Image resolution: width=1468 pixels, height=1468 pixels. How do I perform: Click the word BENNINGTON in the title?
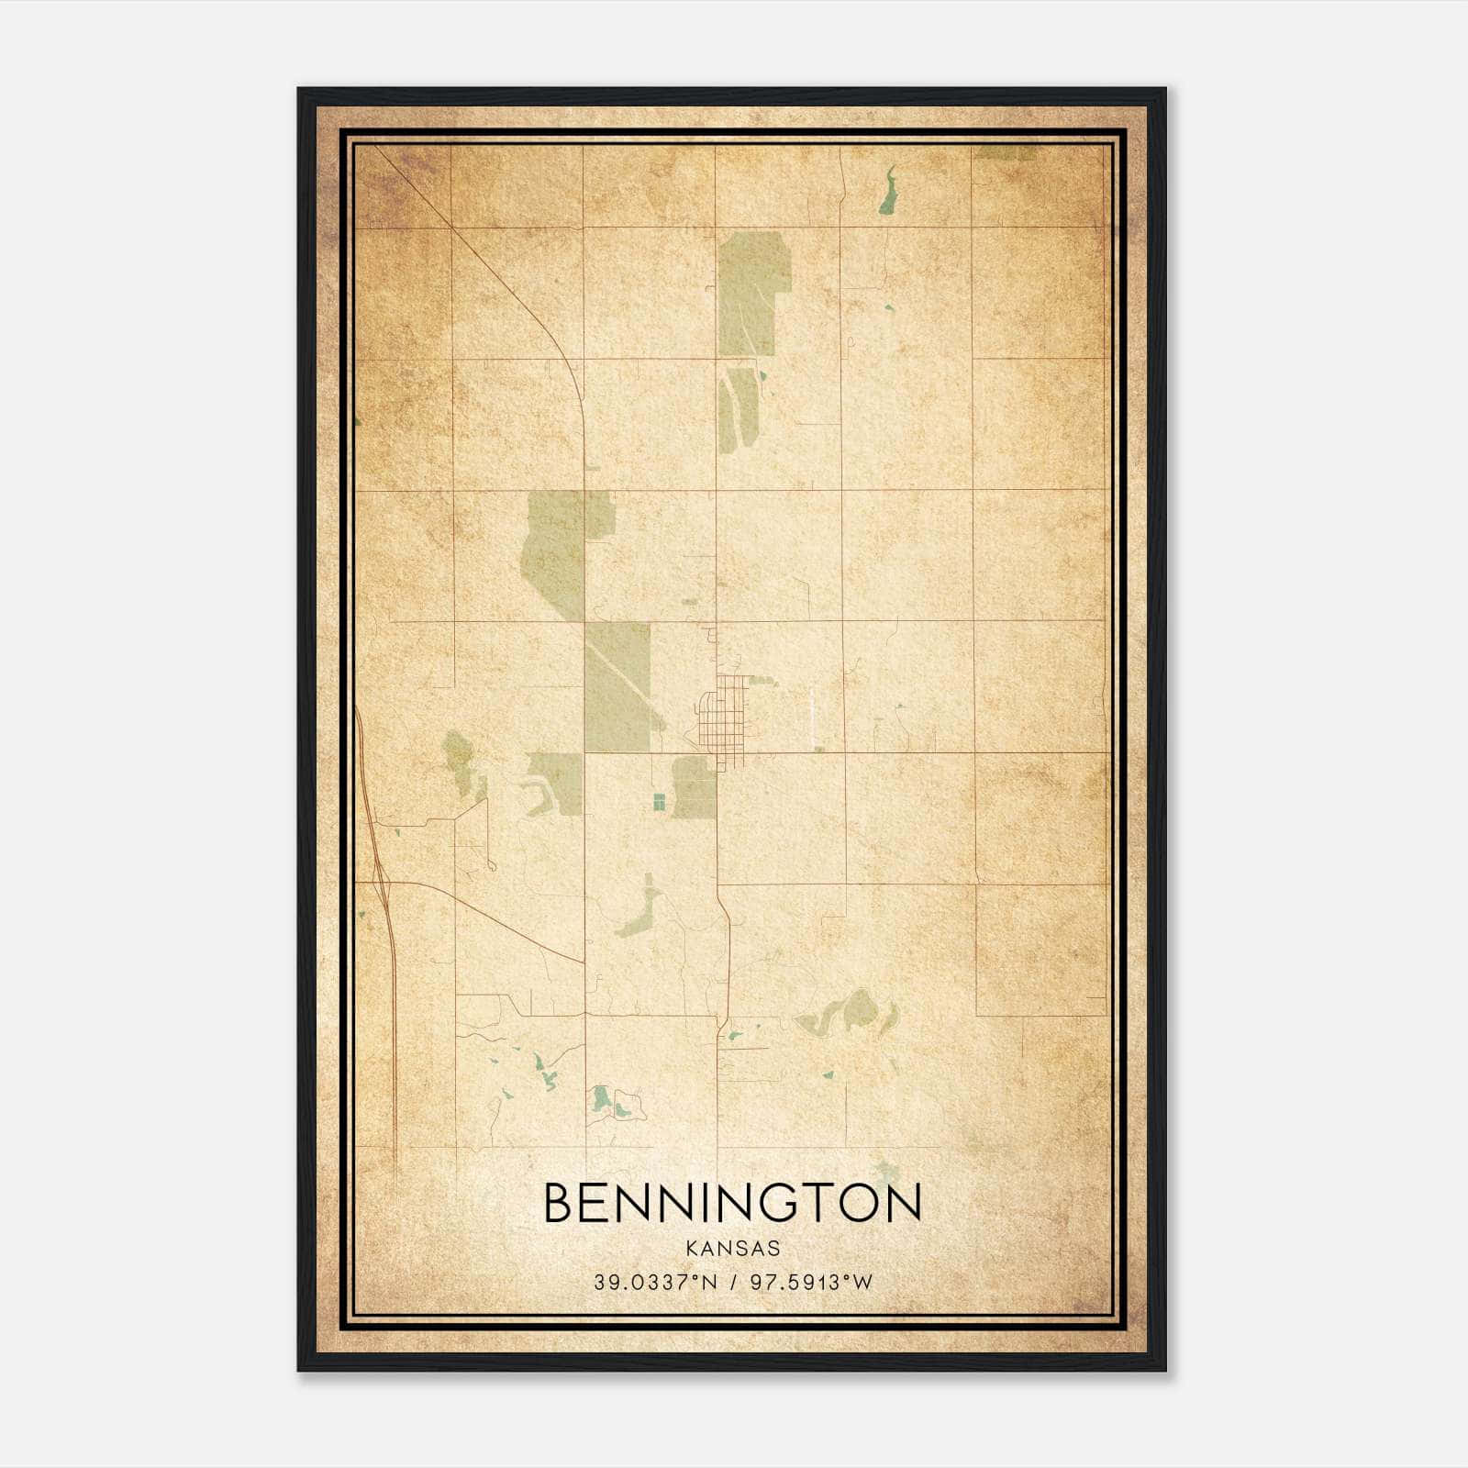click(x=732, y=1203)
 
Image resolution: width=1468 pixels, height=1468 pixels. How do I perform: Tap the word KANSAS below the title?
click(x=732, y=1248)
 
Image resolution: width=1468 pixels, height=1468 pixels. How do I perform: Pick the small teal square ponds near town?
click(x=658, y=802)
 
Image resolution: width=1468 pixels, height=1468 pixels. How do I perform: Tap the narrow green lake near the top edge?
click(x=886, y=192)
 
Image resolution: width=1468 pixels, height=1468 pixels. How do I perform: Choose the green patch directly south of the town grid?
click(x=695, y=787)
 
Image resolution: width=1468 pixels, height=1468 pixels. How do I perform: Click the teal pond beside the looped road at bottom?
click(x=600, y=1097)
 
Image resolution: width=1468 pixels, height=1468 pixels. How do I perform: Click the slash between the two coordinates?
click(x=732, y=1283)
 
